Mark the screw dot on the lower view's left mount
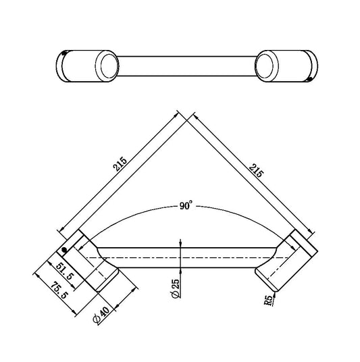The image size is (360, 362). point(63,251)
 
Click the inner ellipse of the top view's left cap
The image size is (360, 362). point(106,66)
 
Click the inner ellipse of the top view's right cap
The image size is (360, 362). point(265,66)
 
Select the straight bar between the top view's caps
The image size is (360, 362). point(186,66)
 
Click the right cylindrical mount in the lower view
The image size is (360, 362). point(287,260)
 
